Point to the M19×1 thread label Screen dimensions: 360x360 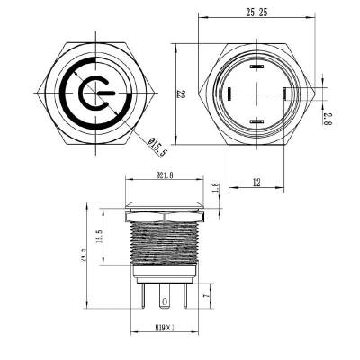(x=162, y=327)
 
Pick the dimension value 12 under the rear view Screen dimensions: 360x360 (x=256, y=183)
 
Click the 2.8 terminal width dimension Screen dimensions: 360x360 (x=330, y=116)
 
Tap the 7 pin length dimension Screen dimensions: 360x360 (x=206, y=294)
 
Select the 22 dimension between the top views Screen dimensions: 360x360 (x=179, y=93)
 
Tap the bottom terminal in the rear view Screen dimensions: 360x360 (x=256, y=121)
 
